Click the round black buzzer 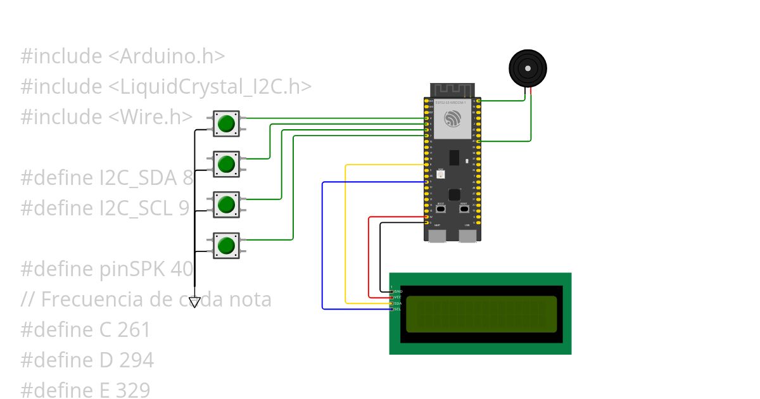(x=528, y=68)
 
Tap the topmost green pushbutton (x=226, y=123)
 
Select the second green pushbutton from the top (x=226, y=164)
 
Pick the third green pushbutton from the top (x=226, y=205)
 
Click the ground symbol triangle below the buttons (x=194, y=302)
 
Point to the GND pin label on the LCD (x=398, y=291)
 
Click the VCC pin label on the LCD (x=398, y=297)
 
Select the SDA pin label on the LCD (x=398, y=303)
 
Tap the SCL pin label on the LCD (x=398, y=309)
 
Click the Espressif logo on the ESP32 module (x=453, y=118)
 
